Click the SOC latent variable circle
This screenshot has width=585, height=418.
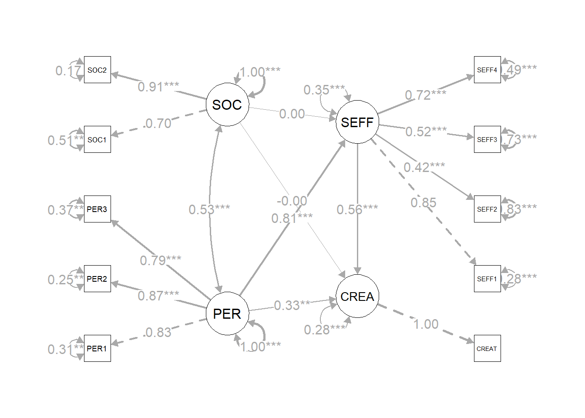point(227,104)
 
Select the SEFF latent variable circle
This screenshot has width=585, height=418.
point(357,122)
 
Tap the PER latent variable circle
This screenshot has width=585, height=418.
point(227,313)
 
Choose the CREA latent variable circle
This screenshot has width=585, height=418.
point(357,296)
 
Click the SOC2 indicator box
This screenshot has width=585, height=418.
point(97,70)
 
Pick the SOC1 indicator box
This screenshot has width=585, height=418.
point(97,139)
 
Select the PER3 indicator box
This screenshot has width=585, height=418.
point(97,209)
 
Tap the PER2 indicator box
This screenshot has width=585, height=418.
point(97,279)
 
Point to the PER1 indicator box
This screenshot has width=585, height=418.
point(97,348)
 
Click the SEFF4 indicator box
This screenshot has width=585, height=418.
point(487,70)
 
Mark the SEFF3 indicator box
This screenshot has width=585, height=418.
point(487,139)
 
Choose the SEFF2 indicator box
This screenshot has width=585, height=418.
point(487,209)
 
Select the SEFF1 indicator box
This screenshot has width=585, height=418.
point(487,279)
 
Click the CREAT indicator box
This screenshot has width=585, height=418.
point(487,348)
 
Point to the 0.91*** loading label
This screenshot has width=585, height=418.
point(158,87)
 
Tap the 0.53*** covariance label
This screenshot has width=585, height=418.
point(209,209)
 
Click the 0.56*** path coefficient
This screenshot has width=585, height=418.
point(357,209)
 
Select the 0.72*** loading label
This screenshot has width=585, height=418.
point(426,95)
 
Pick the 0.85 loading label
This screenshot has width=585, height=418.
point(424,202)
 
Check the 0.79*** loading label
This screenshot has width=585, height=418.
point(161,260)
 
